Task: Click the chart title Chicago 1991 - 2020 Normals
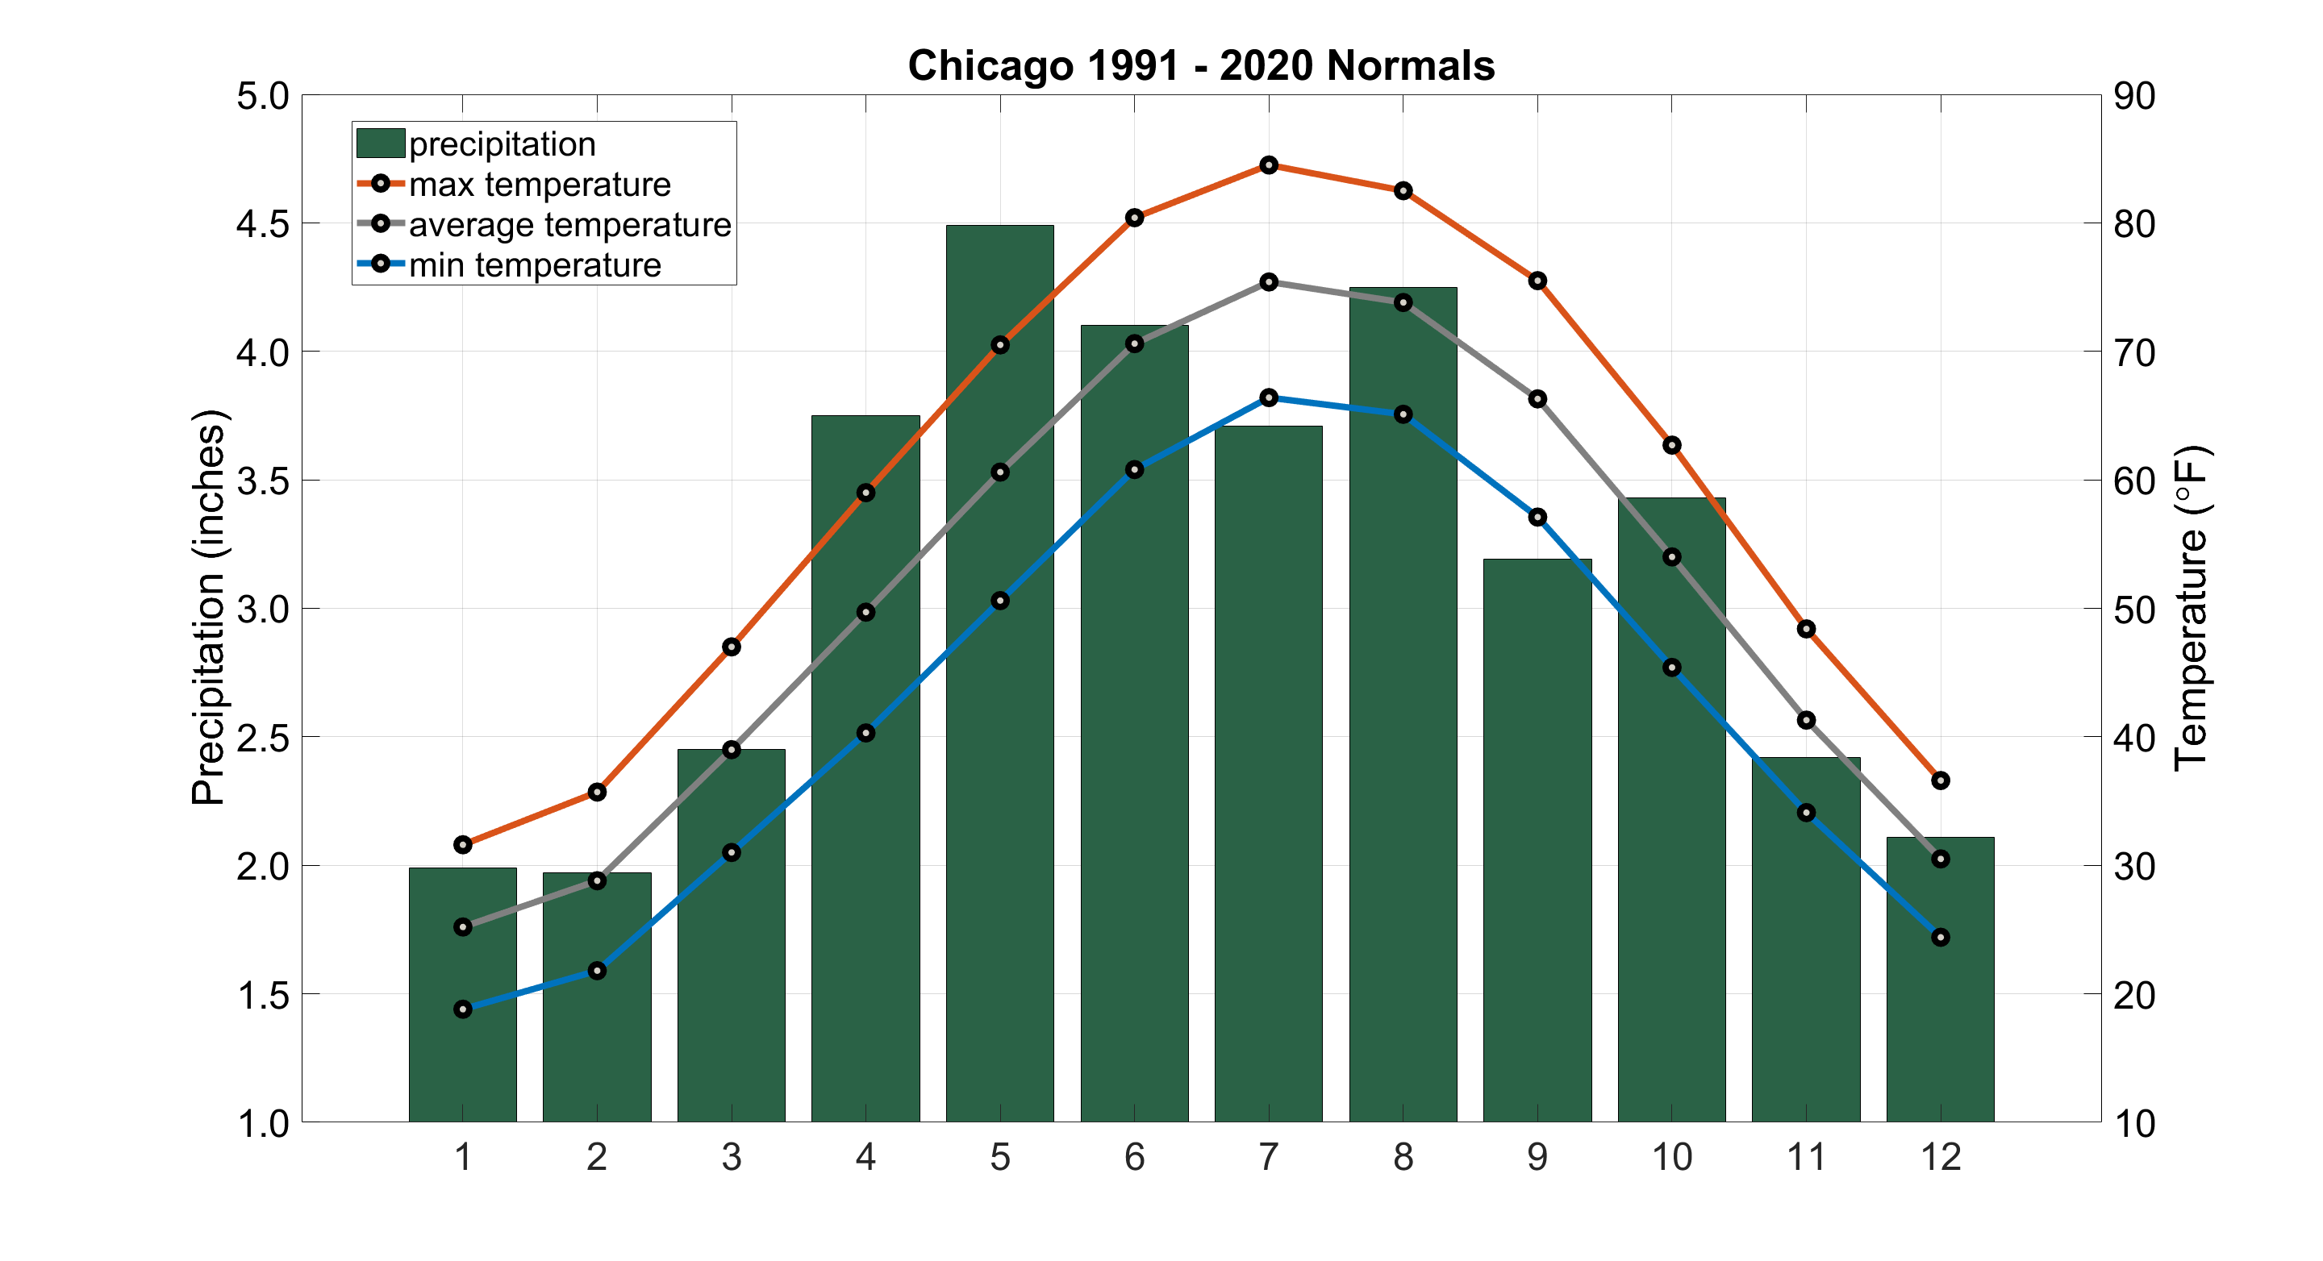tap(1200, 66)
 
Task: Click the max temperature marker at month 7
tap(1268, 165)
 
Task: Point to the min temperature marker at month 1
tap(463, 1009)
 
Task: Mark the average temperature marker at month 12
tap(1941, 859)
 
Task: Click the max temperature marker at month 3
tap(732, 647)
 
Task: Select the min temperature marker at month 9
tap(1537, 518)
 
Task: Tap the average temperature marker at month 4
tap(865, 613)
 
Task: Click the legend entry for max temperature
tap(540, 185)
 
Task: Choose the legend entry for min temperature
tap(534, 266)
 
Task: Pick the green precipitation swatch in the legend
tap(380, 144)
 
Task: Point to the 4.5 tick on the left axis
tap(262, 224)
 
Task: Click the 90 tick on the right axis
tap(2134, 96)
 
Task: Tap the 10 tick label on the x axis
tap(1671, 1157)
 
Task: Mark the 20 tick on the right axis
tap(2134, 995)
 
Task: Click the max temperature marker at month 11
tap(1805, 629)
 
